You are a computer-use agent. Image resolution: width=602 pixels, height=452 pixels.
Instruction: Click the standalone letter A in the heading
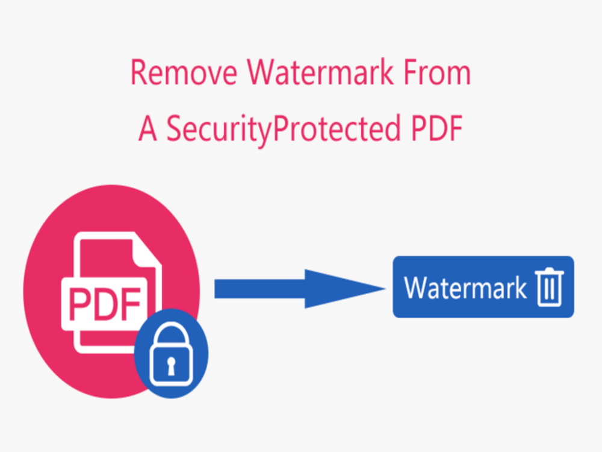(148, 129)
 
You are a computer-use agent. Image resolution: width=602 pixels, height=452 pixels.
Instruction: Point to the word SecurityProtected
(284, 130)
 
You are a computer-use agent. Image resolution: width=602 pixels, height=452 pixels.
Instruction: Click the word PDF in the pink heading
(437, 128)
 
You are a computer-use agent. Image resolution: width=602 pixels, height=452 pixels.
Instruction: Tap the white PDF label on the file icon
(104, 304)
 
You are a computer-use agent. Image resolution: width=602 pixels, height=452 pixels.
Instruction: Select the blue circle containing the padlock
(171, 354)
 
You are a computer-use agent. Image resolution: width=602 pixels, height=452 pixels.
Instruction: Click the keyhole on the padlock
(171, 366)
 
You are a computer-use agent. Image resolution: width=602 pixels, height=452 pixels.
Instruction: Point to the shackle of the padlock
(171, 334)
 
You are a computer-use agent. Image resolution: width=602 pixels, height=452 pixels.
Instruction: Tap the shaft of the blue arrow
(260, 289)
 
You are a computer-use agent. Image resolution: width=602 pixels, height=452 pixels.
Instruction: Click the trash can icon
(550, 287)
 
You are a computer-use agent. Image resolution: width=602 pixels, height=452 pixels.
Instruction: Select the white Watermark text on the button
(465, 288)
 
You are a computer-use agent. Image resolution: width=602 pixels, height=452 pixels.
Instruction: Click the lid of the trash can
(550, 272)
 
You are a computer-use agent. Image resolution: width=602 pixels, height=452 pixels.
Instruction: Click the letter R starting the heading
(138, 72)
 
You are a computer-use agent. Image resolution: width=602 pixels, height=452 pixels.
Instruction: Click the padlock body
(171, 365)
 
